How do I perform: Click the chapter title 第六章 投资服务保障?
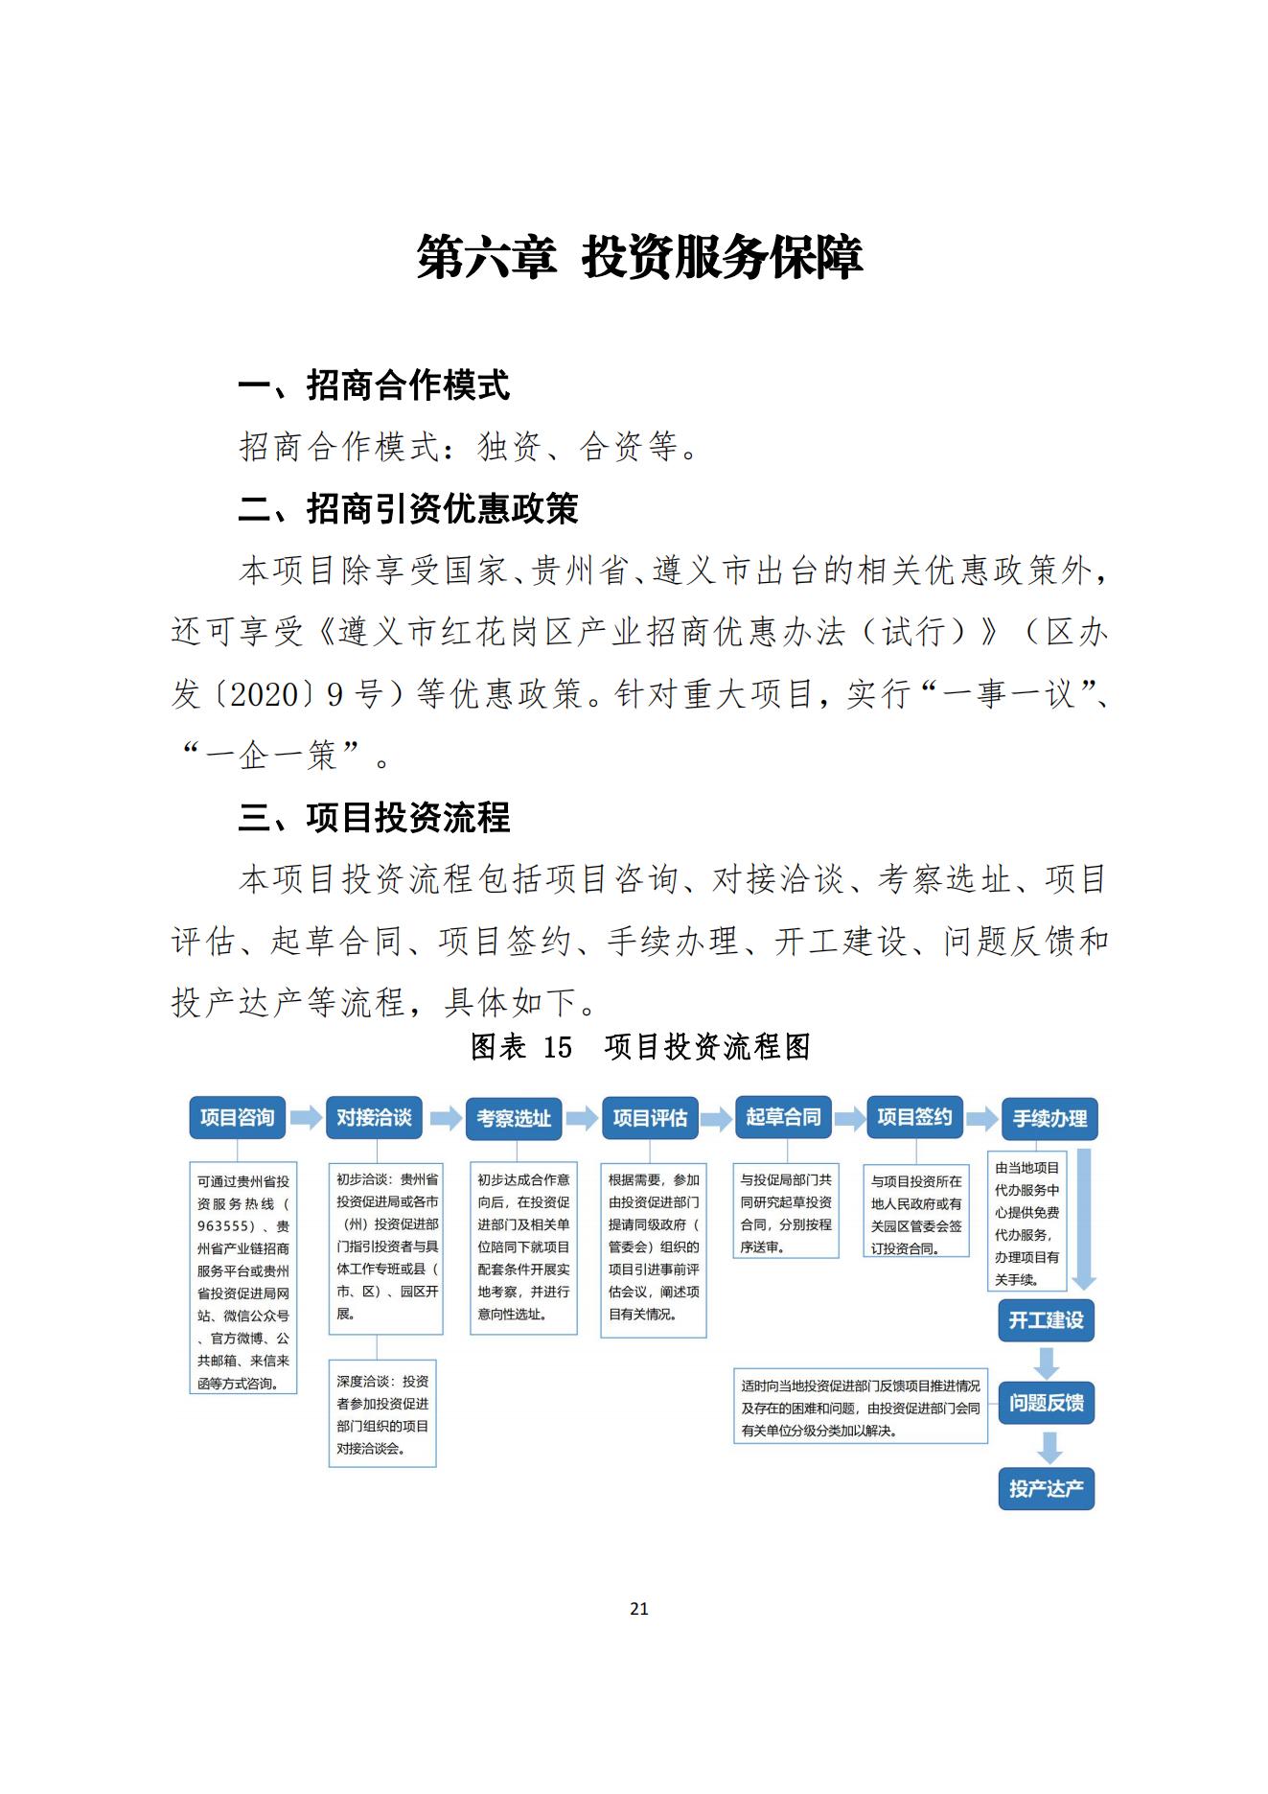pyautogui.click(x=639, y=257)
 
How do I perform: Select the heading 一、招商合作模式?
pyautogui.click(x=374, y=385)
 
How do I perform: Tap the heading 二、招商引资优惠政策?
pyautogui.click(x=408, y=509)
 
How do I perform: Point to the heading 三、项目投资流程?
pyautogui.click(x=374, y=818)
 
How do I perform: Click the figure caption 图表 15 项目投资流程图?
pyautogui.click(x=640, y=1046)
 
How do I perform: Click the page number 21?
pyautogui.click(x=639, y=1609)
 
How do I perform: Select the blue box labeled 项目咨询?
pyautogui.click(x=237, y=1118)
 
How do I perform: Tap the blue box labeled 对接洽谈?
pyautogui.click(x=374, y=1118)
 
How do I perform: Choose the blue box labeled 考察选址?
pyautogui.click(x=514, y=1119)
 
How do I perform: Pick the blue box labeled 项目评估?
pyautogui.click(x=650, y=1119)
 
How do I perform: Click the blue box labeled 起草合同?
pyautogui.click(x=783, y=1117)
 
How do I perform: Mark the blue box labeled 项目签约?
pyautogui.click(x=914, y=1117)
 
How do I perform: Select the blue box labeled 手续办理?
pyautogui.click(x=1049, y=1119)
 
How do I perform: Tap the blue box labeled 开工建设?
pyautogui.click(x=1046, y=1320)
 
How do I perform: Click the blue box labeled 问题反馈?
pyautogui.click(x=1046, y=1404)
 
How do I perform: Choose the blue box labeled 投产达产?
pyautogui.click(x=1046, y=1489)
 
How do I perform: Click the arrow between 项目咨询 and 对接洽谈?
pyautogui.click(x=306, y=1118)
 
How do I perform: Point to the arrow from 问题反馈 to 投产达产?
pyautogui.click(x=1049, y=1447)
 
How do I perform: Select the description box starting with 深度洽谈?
pyautogui.click(x=382, y=1413)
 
